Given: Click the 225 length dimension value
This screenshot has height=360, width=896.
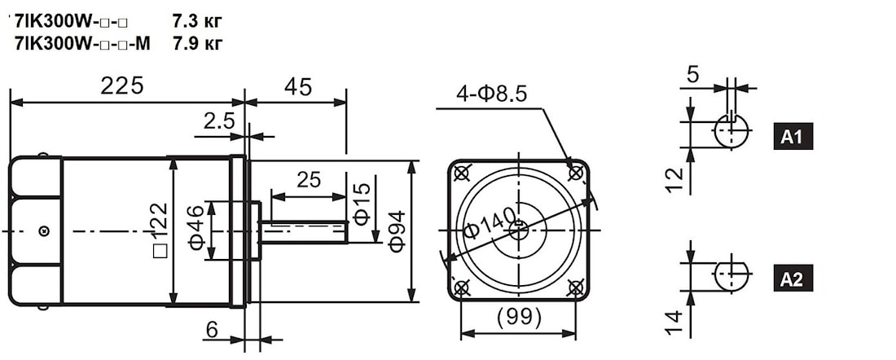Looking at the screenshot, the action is click(x=121, y=86).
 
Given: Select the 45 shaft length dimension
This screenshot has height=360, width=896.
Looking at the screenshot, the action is click(x=297, y=87).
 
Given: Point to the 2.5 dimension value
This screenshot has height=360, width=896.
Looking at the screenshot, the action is click(x=218, y=121).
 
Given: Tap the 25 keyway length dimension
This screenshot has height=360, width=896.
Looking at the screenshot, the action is click(x=309, y=180).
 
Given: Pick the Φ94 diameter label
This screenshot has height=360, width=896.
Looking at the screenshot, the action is click(x=397, y=230).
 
